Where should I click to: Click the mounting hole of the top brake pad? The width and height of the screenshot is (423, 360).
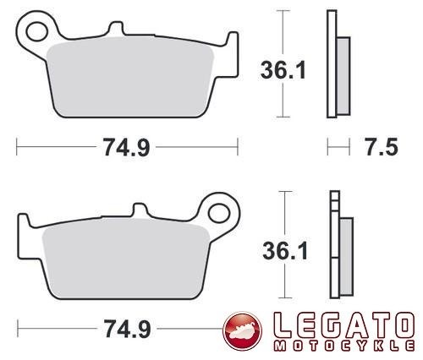pyautogui.click(x=36, y=31)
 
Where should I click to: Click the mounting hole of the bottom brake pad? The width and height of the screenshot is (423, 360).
pyautogui.click(x=219, y=213)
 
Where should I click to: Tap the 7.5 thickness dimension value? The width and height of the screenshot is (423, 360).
pyautogui.click(x=382, y=147)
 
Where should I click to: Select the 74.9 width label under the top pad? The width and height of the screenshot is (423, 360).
pyautogui.click(x=126, y=147)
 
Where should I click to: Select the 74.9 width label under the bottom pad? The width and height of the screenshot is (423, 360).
pyautogui.click(x=127, y=329)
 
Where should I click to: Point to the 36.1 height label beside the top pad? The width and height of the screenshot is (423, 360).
pyautogui.click(x=283, y=70)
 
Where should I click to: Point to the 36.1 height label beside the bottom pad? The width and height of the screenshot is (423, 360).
pyautogui.click(x=285, y=251)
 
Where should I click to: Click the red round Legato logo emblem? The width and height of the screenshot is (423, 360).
pyautogui.click(x=242, y=331)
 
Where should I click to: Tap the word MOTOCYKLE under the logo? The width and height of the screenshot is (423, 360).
pyautogui.click(x=344, y=346)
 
